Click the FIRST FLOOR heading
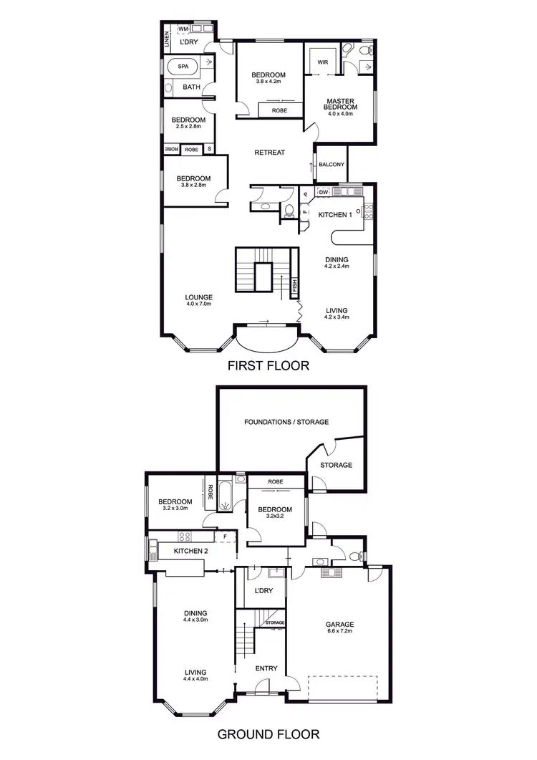click(268, 366)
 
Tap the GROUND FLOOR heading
click(268, 733)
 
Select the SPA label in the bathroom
click(183, 66)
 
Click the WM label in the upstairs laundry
click(183, 29)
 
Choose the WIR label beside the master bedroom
click(323, 62)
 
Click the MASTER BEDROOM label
click(342, 105)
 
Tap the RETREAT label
click(270, 153)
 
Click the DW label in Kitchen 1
click(324, 192)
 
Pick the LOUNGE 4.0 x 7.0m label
click(198, 300)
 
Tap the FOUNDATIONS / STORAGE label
click(286, 422)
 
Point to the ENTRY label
click(266, 668)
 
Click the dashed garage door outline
click(342, 687)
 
